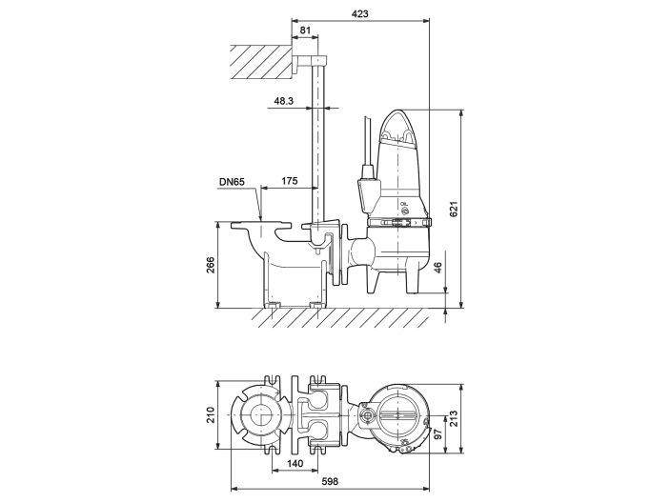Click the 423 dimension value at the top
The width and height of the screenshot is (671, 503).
click(359, 13)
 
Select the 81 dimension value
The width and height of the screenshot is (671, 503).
click(304, 30)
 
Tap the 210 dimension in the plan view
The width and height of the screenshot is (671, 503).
click(211, 414)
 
